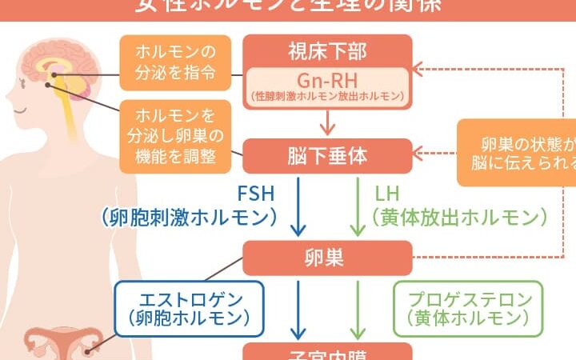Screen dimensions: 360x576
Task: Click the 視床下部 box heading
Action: [327, 52]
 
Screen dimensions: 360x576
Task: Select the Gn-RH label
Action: [327, 81]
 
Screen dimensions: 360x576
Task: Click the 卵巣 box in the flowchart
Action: [327, 258]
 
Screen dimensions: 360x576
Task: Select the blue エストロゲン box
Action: [189, 308]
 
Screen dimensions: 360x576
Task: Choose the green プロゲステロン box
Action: [468, 308]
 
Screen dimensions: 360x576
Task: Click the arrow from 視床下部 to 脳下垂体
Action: [327, 122]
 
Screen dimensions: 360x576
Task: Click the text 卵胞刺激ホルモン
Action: [189, 216]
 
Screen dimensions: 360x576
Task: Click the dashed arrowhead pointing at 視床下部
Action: [420, 66]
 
